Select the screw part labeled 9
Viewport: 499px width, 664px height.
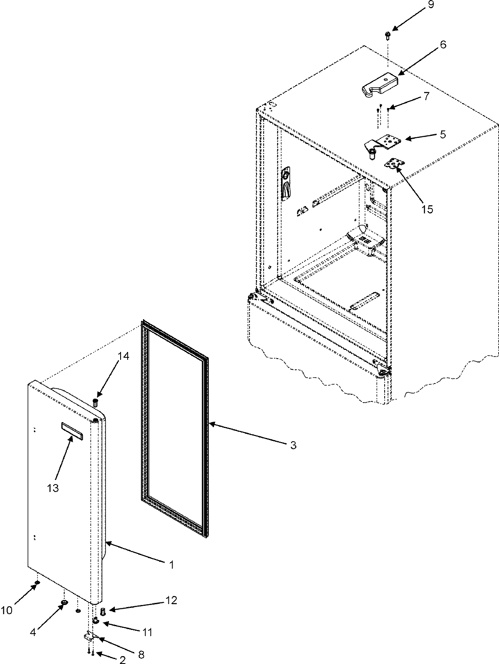point(387,35)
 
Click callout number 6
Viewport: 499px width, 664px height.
point(443,44)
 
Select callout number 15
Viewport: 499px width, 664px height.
point(427,209)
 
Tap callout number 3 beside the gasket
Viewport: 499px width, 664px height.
point(293,445)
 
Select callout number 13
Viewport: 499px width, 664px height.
point(53,488)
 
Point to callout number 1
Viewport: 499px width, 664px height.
point(171,565)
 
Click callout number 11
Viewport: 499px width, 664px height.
point(146,632)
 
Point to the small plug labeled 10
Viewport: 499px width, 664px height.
point(37,583)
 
